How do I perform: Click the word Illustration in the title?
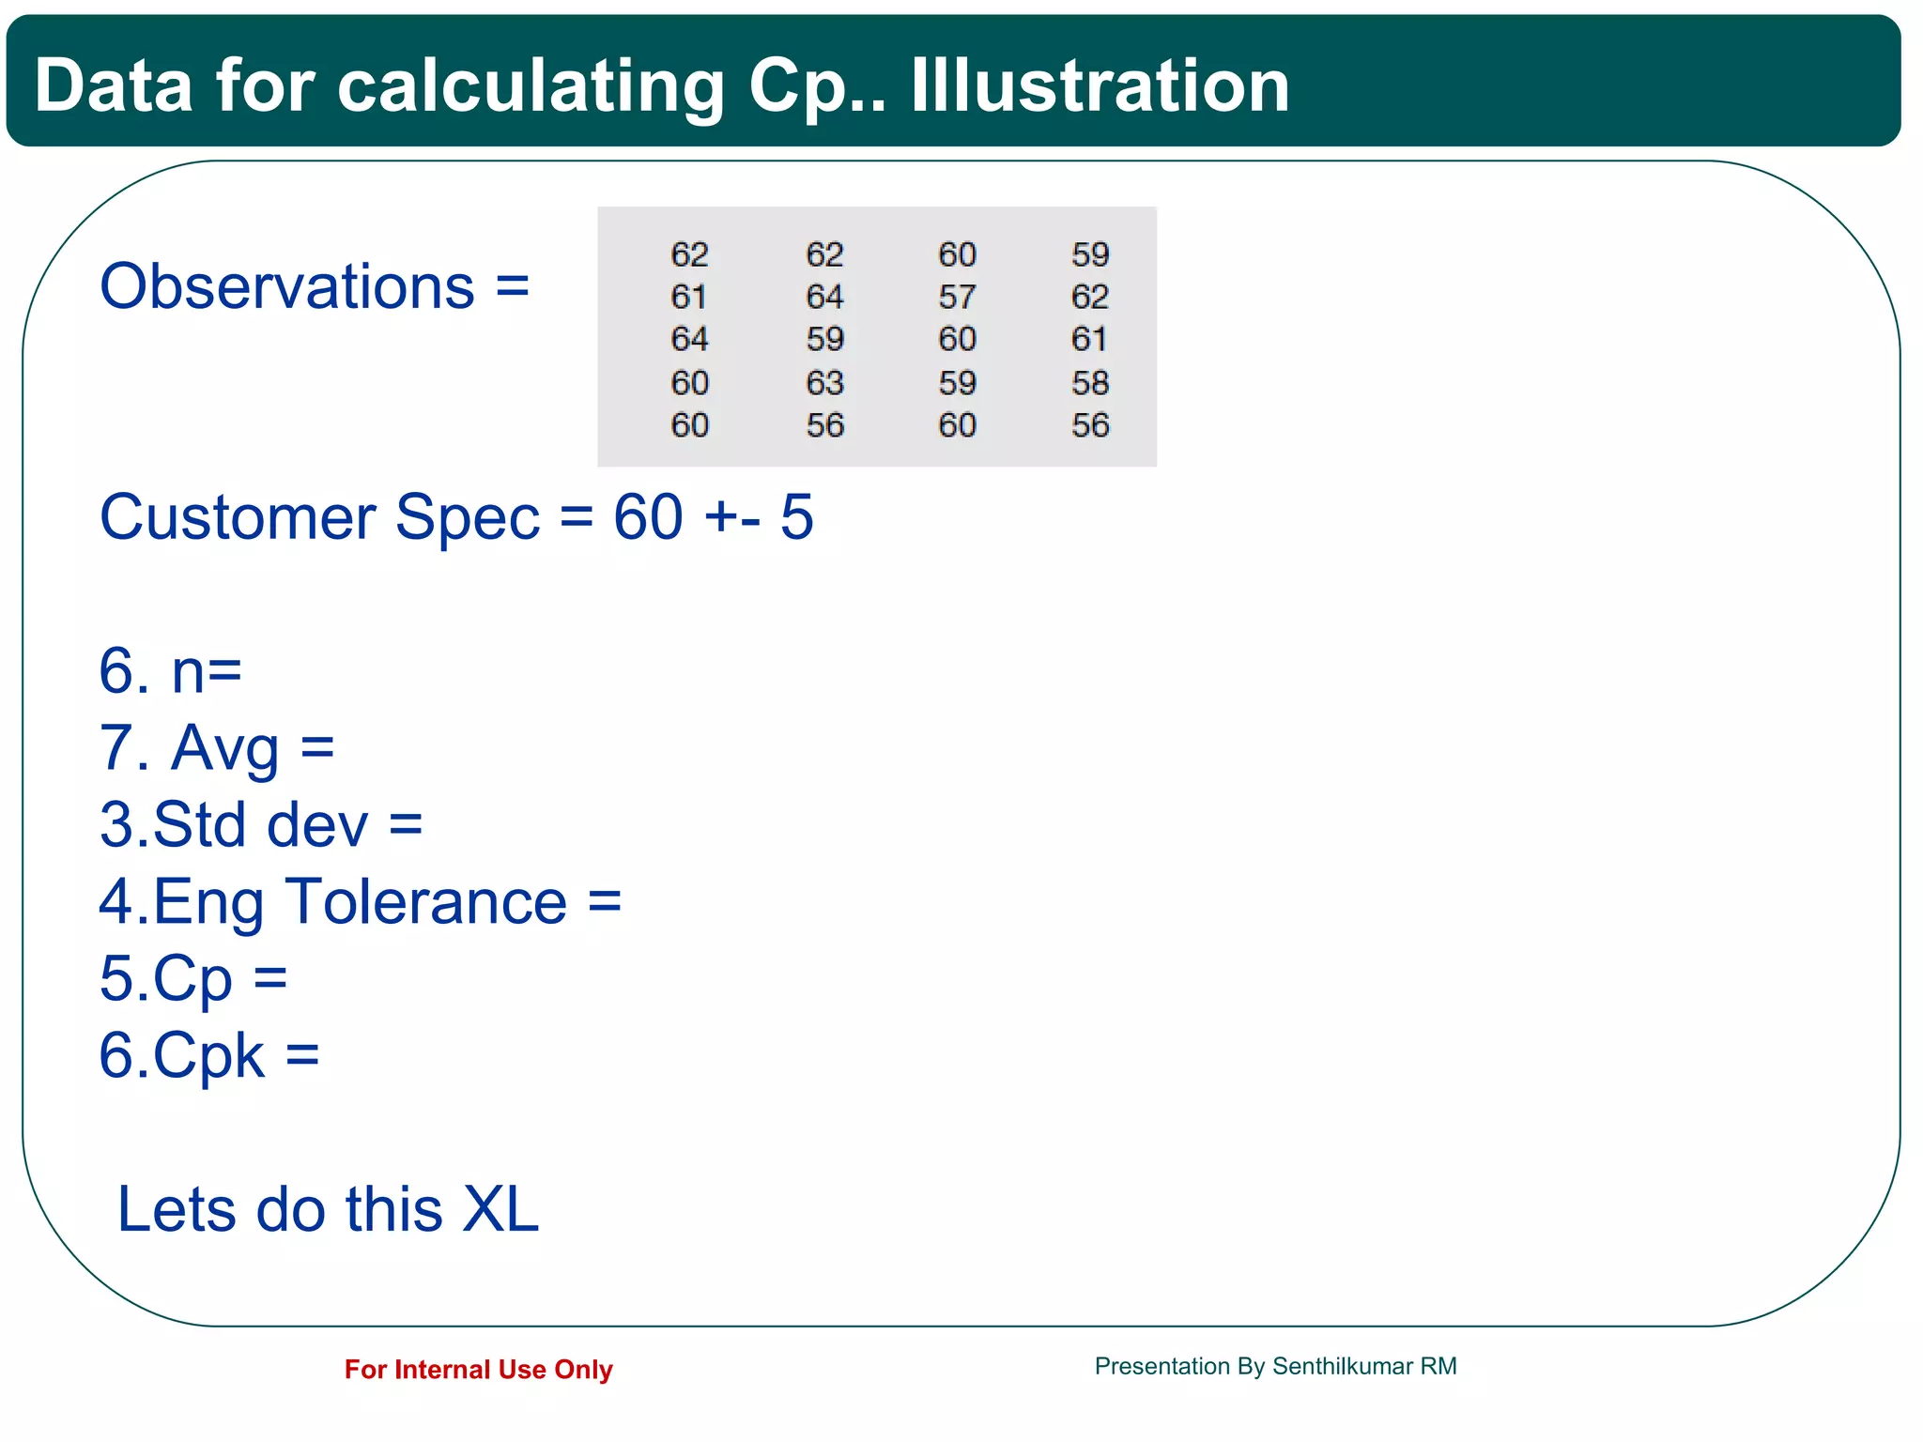[1100, 85]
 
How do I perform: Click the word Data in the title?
[113, 85]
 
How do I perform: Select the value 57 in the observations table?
[957, 297]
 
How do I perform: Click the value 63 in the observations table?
[824, 382]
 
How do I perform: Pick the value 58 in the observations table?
[1089, 382]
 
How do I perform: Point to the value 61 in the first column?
[688, 297]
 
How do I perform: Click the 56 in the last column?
[1089, 425]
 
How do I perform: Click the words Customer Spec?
[319, 517]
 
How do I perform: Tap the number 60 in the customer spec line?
[648, 517]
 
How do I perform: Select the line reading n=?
[171, 671]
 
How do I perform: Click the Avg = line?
[217, 748]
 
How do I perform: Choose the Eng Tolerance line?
[360, 901]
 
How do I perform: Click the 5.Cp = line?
[193, 978]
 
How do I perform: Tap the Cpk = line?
[208, 1055]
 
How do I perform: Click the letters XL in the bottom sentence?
[500, 1209]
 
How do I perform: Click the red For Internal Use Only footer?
[478, 1370]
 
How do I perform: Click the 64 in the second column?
[824, 297]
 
